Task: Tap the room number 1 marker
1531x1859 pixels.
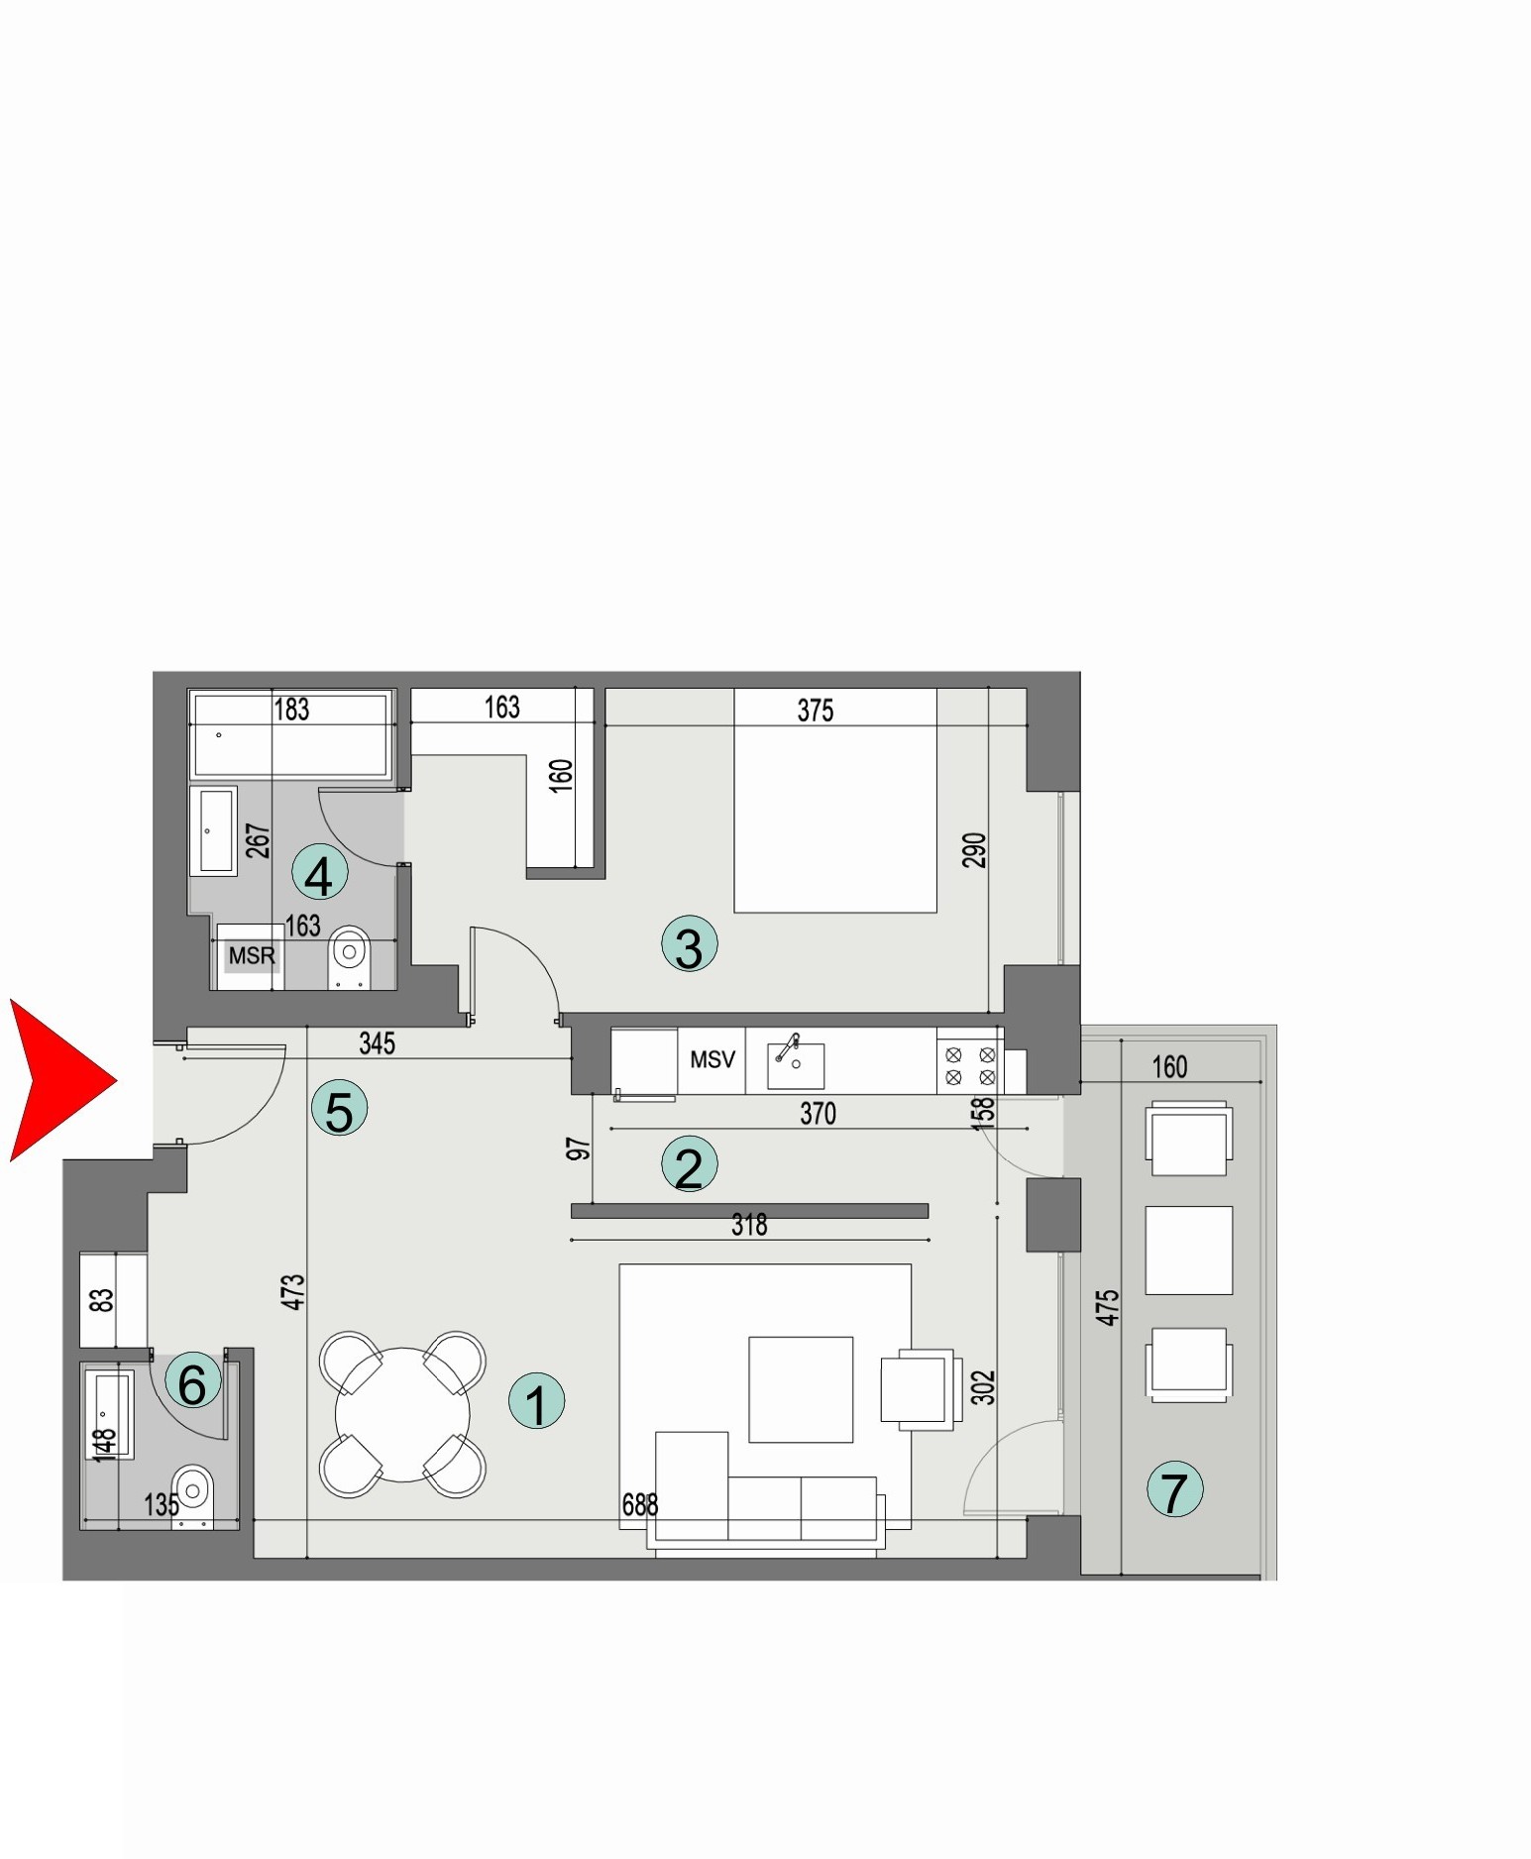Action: tap(536, 1402)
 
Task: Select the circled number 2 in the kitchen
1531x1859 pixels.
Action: tap(689, 1163)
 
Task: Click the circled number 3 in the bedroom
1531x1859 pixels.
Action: tap(689, 943)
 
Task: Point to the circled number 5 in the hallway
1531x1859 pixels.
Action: tap(339, 1109)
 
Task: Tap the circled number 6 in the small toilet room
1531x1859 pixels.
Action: tap(192, 1382)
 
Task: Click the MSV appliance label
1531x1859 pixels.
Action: tap(711, 1060)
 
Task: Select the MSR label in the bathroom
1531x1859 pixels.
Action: tap(252, 956)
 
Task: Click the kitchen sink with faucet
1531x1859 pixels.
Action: tap(795, 1063)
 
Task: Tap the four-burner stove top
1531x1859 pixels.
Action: tap(969, 1065)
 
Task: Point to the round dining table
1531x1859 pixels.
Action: tap(402, 1415)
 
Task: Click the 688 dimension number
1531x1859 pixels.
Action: tap(640, 1505)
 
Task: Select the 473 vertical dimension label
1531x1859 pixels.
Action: tap(293, 1292)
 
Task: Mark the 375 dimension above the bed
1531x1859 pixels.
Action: tap(816, 711)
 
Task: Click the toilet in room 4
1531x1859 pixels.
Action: tap(349, 954)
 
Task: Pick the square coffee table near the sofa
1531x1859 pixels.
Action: tap(801, 1389)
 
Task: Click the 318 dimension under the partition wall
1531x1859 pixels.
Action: tap(749, 1226)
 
